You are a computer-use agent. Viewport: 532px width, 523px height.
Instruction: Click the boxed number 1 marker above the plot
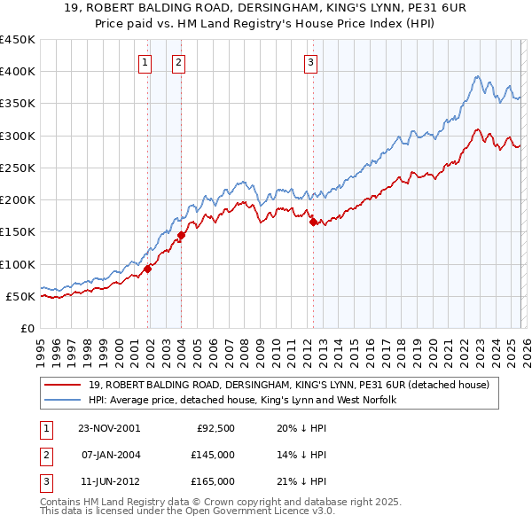point(144,62)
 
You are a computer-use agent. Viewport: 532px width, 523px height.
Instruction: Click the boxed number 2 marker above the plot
point(178,62)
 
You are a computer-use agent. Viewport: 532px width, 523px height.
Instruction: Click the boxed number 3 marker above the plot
point(311,62)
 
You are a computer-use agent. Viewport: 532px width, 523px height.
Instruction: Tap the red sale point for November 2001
point(148,269)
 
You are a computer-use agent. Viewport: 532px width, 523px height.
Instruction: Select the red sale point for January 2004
point(181,235)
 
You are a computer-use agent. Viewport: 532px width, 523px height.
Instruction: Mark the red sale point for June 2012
point(313,222)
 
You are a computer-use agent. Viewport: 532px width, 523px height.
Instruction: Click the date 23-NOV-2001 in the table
point(109,427)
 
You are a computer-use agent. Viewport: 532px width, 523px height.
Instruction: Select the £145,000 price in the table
point(213,455)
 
